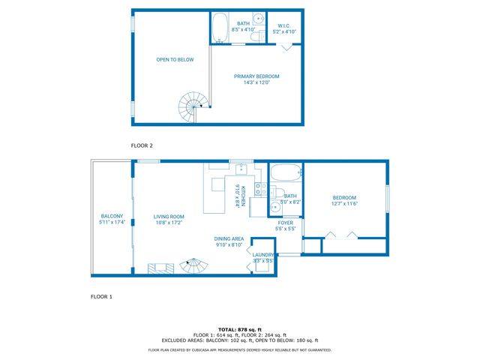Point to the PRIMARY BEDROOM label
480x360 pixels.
click(x=256, y=76)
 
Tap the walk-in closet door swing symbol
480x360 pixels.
click(x=287, y=46)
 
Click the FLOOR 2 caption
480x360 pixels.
click(x=142, y=145)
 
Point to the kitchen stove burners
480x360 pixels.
click(x=257, y=188)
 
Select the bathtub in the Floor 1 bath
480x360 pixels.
click(x=284, y=175)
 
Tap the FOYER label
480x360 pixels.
click(x=286, y=223)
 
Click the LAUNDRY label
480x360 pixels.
click(x=263, y=255)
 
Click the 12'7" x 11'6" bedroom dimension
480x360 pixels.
click(x=344, y=203)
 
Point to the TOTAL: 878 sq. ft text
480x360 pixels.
click(x=240, y=329)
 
